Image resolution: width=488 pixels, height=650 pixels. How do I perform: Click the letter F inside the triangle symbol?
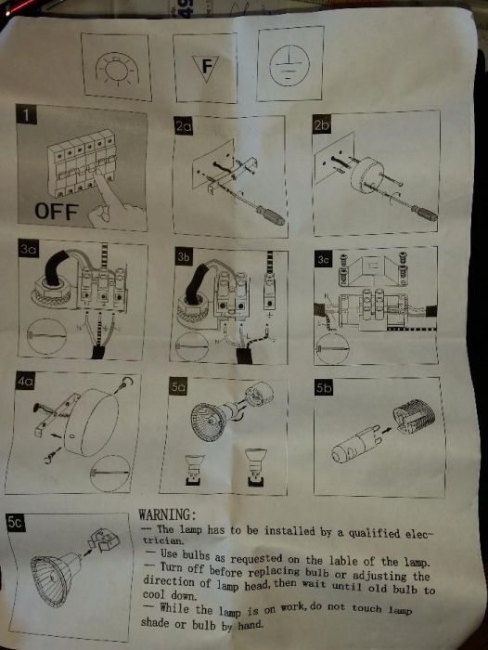[206, 66]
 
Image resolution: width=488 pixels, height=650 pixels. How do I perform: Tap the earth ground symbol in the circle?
[289, 66]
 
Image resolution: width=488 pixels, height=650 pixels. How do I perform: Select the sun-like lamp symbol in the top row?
[116, 69]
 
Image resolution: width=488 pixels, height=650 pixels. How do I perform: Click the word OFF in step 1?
[57, 212]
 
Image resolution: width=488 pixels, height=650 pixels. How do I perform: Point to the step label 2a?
[184, 126]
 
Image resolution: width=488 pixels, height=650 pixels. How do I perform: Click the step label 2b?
[321, 124]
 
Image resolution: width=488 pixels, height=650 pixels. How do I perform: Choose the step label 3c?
[323, 260]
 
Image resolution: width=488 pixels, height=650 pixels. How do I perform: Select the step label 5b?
[324, 388]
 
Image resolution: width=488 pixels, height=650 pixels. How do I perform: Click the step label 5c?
[16, 523]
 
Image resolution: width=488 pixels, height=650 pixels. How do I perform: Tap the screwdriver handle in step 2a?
[271, 214]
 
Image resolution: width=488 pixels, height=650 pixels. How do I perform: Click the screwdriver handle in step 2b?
[424, 213]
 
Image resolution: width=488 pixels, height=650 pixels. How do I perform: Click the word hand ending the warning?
[250, 625]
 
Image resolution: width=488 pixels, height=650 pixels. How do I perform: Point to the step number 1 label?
[26, 115]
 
